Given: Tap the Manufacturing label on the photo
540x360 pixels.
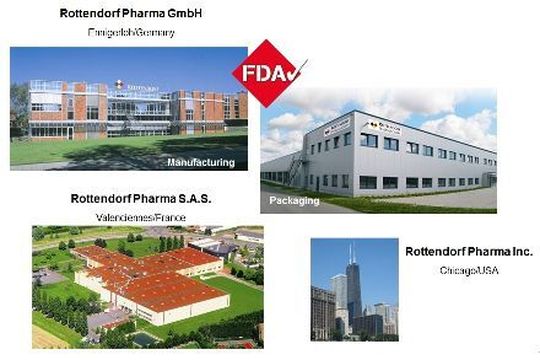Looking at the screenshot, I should pyautogui.click(x=201, y=161).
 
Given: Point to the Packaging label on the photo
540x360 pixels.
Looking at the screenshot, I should pyautogui.click(x=294, y=200).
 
